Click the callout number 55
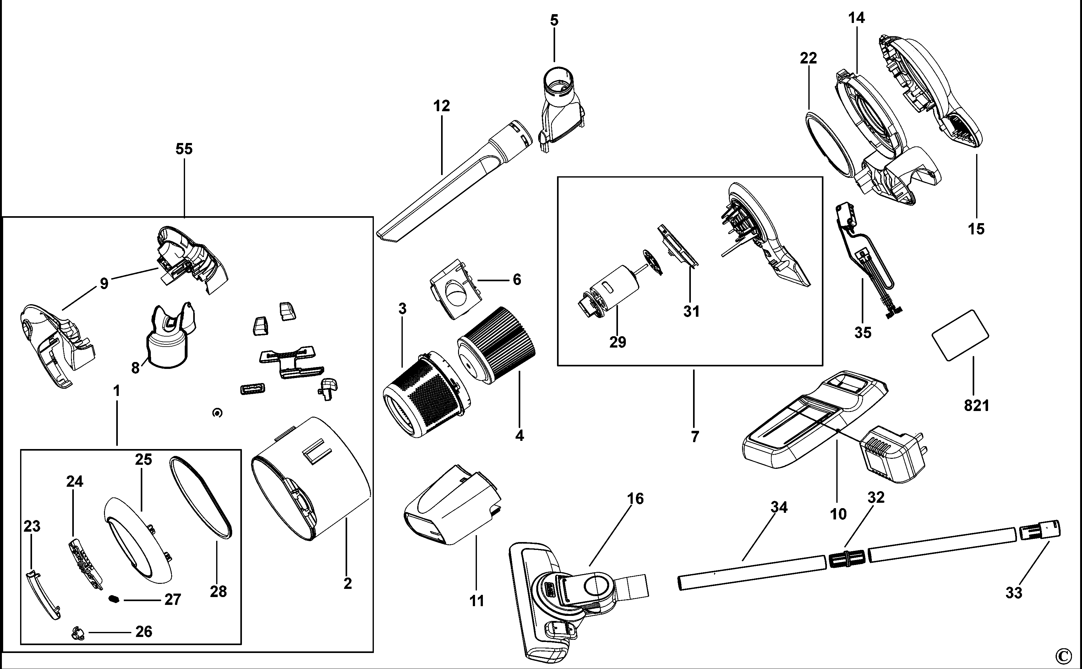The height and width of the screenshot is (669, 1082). [184, 149]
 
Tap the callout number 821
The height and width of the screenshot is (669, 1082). [976, 405]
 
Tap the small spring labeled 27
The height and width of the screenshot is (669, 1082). [115, 599]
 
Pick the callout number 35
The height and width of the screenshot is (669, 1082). [863, 332]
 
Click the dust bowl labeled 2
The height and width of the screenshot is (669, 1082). [310, 478]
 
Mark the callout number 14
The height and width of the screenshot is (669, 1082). [856, 18]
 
